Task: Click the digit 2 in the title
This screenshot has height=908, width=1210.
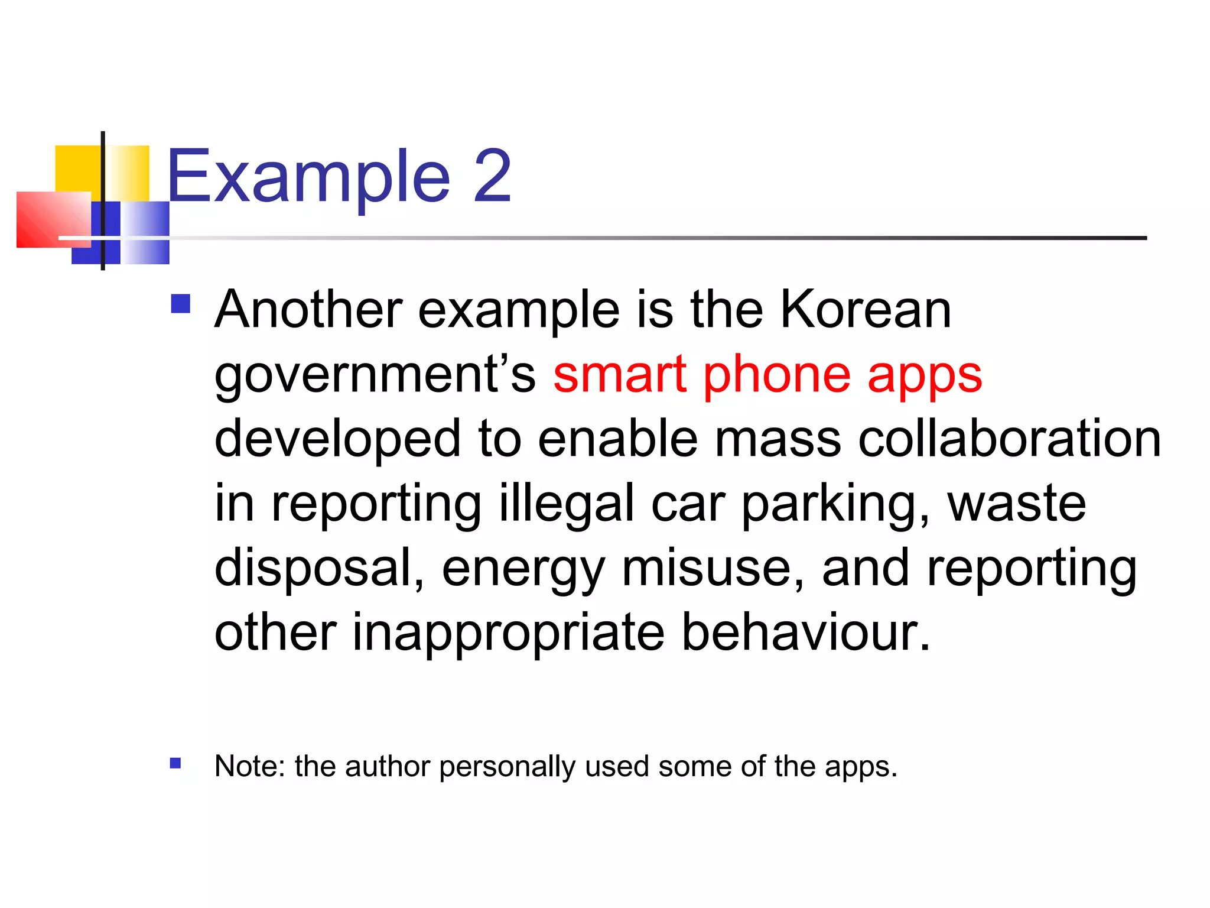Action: tap(492, 176)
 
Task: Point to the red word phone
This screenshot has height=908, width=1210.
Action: tap(776, 377)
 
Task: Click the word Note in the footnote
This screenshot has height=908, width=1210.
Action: tap(249, 766)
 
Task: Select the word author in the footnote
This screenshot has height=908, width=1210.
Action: tap(387, 766)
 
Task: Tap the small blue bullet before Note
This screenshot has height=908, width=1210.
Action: tap(175, 763)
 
